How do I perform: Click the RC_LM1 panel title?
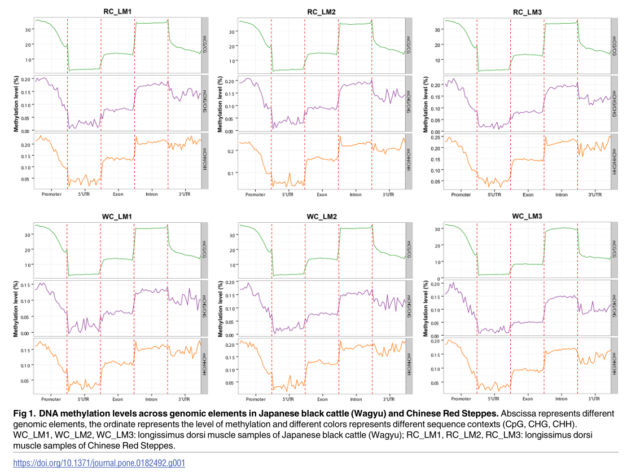(x=118, y=11)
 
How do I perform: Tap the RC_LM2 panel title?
(x=322, y=11)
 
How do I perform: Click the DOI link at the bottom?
(x=99, y=463)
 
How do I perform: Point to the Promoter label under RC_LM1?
(x=51, y=194)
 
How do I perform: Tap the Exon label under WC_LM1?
(x=117, y=399)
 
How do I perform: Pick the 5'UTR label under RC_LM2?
(x=288, y=195)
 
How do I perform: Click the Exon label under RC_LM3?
(x=528, y=195)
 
